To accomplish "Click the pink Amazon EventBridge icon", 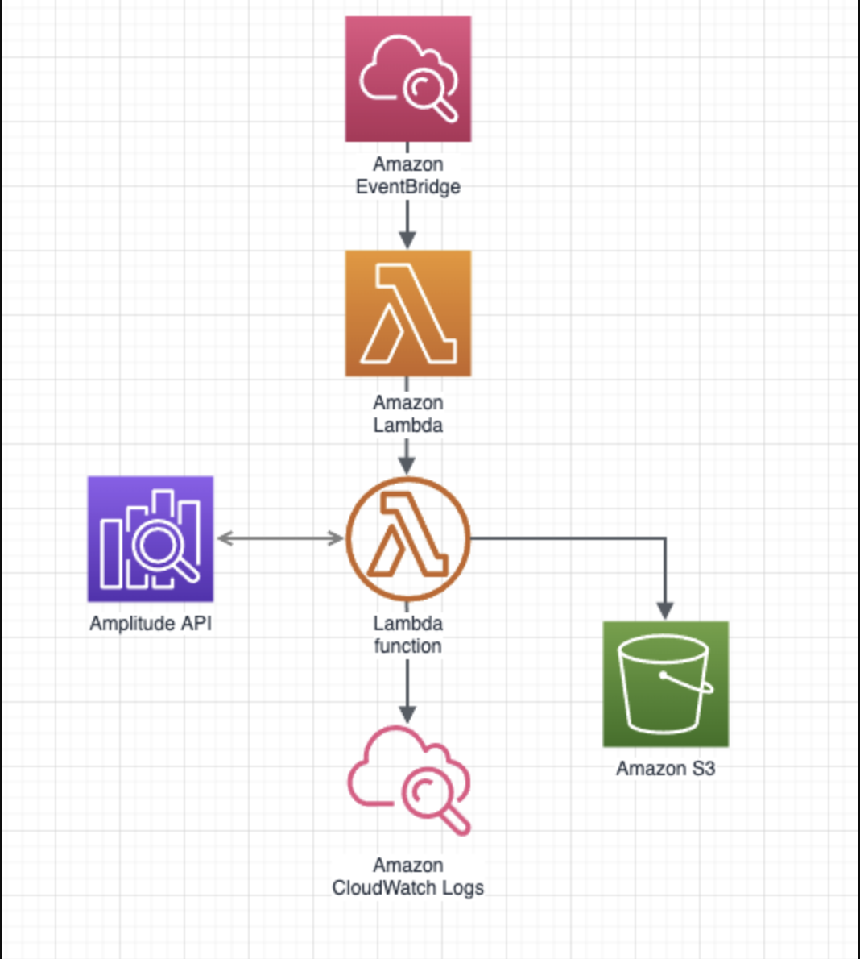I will click(x=408, y=79).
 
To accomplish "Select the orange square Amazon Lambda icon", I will click(x=408, y=313).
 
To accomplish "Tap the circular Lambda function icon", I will click(x=408, y=538).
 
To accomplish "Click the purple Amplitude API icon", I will click(x=151, y=538).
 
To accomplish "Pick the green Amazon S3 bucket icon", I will click(x=665, y=683).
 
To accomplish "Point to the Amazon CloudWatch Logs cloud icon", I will click(x=408, y=779).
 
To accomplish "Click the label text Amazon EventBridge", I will click(x=408, y=176).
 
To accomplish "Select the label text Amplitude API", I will click(x=151, y=624).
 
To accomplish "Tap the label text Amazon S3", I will click(x=665, y=769).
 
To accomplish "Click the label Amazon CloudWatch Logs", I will click(x=408, y=877).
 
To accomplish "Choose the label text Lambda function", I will click(x=408, y=635).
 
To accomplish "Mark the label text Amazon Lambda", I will click(x=408, y=413).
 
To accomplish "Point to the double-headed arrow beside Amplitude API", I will click(x=280, y=538).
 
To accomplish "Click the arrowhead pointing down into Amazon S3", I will click(x=665, y=611).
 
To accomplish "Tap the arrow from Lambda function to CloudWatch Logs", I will click(x=407, y=693).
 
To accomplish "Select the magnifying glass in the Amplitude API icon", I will click(x=161, y=549).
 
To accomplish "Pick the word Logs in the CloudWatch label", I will click(x=461, y=888).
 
